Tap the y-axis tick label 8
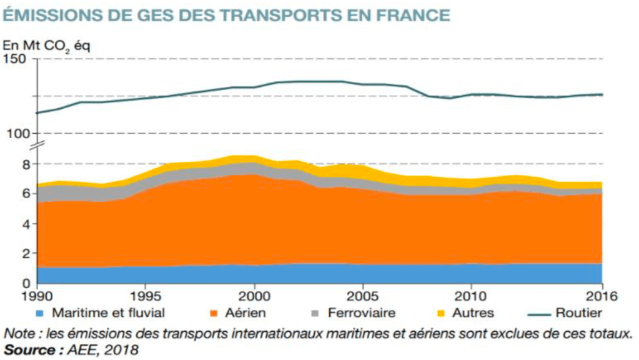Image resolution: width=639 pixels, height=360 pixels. [26, 164]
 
